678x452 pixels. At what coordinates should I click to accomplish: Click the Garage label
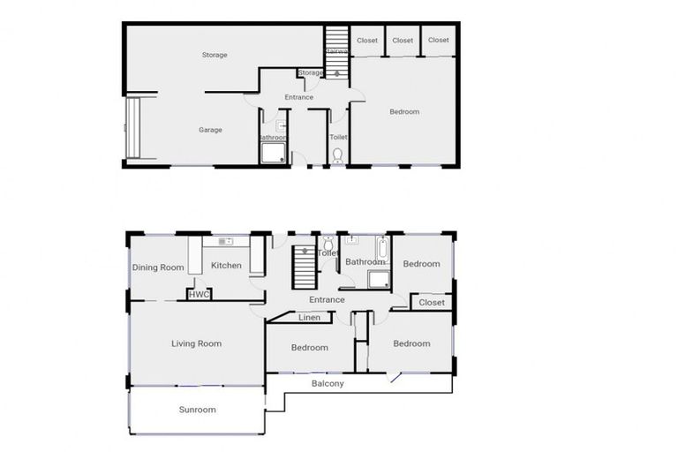pos(210,130)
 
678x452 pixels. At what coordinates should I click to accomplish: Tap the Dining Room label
pos(158,267)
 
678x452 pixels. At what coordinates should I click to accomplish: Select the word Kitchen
pos(226,266)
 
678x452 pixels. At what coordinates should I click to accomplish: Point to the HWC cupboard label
pos(200,295)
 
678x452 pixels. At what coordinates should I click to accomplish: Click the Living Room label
pos(196,343)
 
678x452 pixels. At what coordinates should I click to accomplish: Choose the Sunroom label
pos(197,410)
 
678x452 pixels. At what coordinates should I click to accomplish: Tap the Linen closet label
pos(309,317)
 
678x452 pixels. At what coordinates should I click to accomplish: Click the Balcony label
pos(328,384)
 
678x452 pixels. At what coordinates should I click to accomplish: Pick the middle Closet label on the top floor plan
pos(403,41)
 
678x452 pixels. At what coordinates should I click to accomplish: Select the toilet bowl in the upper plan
pos(338,155)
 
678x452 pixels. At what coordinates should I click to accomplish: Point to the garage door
pos(133,129)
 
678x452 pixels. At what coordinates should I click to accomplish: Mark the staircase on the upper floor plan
pos(336,42)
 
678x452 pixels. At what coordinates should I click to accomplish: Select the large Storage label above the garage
pos(215,55)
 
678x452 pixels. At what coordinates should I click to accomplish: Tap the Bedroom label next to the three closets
pos(404,111)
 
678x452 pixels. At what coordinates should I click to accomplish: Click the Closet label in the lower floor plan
pos(432,303)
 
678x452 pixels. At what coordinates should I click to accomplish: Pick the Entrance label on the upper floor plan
pos(298,97)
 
